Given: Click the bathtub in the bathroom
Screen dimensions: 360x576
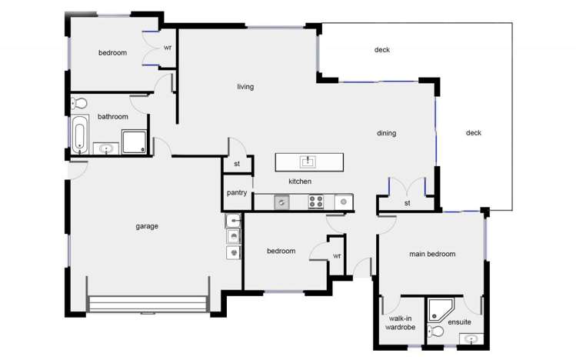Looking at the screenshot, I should (x=79, y=135).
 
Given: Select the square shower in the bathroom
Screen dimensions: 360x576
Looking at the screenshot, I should (x=134, y=141).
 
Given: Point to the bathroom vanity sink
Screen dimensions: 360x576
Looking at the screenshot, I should (x=106, y=148).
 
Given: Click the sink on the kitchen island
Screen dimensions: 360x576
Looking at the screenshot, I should (x=308, y=162).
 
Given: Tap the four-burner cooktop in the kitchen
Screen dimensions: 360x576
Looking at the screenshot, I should (x=316, y=202).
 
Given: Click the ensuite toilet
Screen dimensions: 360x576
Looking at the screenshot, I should (x=436, y=332).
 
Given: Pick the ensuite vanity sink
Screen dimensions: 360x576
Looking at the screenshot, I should (x=471, y=338).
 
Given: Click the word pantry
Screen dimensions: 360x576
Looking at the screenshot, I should (x=237, y=192).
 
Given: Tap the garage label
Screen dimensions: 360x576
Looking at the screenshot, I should (x=147, y=226).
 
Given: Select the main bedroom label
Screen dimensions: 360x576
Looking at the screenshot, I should (x=431, y=254).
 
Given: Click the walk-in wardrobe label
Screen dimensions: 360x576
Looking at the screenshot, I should (x=400, y=322).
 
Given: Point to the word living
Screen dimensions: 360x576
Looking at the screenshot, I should (x=245, y=86).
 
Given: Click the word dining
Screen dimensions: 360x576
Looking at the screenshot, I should (x=386, y=133).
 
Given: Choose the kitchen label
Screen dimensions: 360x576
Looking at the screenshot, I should (x=299, y=182).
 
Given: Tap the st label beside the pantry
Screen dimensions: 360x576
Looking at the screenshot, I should (x=237, y=164).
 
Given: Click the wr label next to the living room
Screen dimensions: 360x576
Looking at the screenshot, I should (x=168, y=47).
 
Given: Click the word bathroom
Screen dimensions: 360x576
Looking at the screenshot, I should (x=112, y=116).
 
